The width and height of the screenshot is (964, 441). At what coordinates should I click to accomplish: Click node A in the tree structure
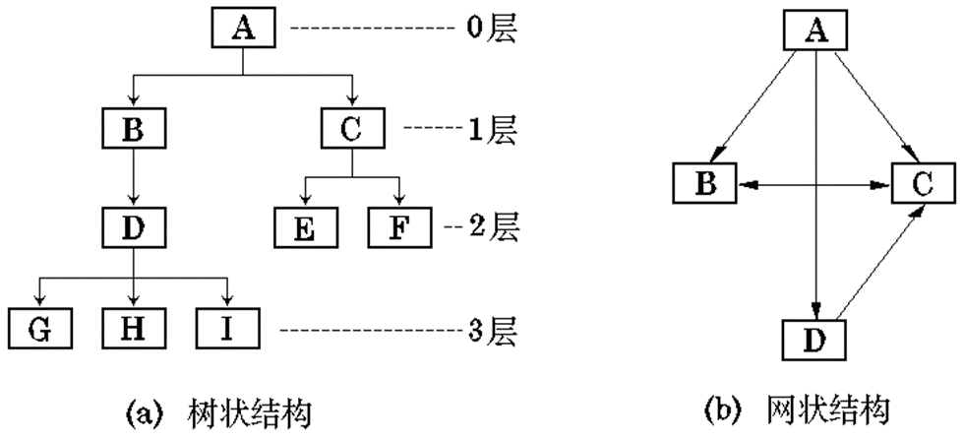coord(243,30)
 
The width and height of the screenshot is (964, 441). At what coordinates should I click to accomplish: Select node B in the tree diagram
coord(133,128)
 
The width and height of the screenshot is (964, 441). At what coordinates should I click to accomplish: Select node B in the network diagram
coord(705,183)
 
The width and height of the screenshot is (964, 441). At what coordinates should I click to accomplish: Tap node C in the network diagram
coord(924,183)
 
